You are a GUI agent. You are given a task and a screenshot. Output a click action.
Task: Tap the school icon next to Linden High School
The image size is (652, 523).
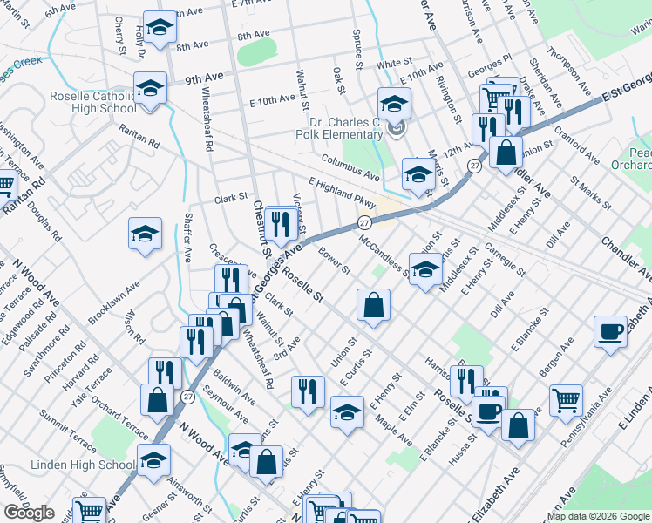(x=153, y=460)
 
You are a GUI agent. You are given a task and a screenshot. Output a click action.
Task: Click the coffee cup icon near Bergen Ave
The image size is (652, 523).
(x=611, y=331)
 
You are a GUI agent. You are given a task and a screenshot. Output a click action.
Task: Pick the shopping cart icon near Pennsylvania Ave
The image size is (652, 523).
(x=567, y=401)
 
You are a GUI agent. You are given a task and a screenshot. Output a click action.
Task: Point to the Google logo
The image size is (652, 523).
(x=30, y=512)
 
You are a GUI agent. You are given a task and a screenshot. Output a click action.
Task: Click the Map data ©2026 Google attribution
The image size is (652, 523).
(x=598, y=515)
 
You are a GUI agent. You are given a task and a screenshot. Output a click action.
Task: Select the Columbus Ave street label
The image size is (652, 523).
(x=350, y=165)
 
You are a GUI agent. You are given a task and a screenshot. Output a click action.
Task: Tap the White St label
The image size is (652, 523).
(x=394, y=64)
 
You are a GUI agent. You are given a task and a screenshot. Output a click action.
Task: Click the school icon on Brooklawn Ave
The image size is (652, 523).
(x=146, y=234)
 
